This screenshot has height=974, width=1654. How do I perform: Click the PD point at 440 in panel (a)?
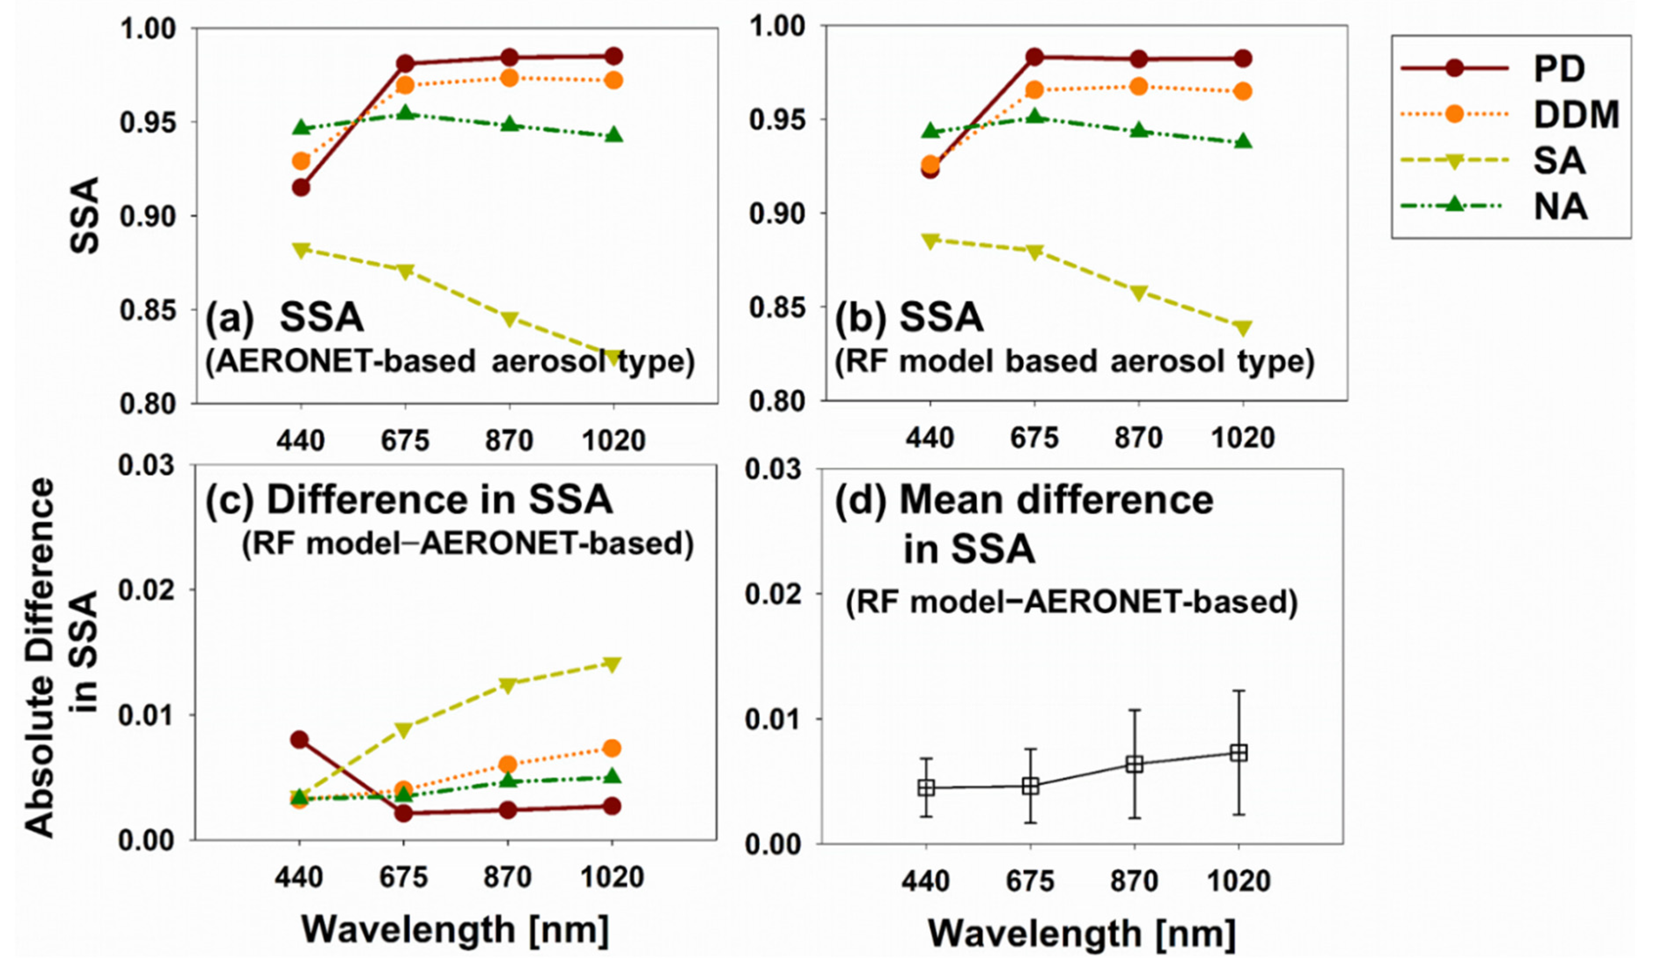(301, 187)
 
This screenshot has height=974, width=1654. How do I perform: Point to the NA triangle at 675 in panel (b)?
(1034, 117)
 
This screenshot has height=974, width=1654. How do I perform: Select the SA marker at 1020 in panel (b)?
(1242, 327)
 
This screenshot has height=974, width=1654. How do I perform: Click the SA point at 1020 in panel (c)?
(612, 664)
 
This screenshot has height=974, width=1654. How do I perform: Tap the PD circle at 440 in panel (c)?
(299, 740)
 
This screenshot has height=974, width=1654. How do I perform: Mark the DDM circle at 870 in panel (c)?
(507, 764)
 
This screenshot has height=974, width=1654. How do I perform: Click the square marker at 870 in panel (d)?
(1134, 764)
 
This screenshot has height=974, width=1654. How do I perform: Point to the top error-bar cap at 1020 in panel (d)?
(1239, 691)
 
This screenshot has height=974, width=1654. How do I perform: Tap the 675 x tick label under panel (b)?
(1034, 438)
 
